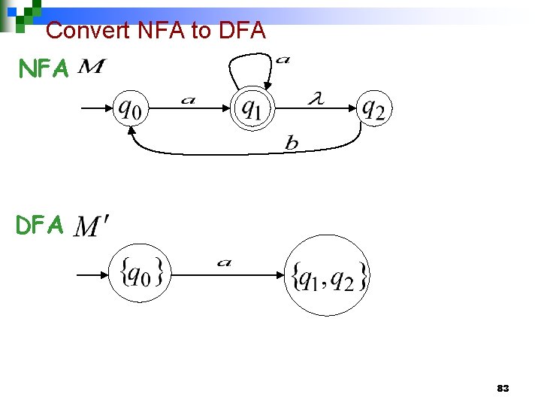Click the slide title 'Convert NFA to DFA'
tap(156, 30)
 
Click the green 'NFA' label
tap(44, 70)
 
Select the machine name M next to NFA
tap(91, 68)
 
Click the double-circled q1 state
tap(252, 110)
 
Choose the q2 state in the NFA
tap(373, 109)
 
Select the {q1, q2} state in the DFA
tap(328, 276)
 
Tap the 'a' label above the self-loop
tap(283, 59)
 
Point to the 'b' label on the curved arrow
tap(292, 144)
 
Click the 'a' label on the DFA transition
tap(224, 262)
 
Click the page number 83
tap(503, 389)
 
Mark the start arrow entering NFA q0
tap(96, 109)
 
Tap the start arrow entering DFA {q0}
tap(94, 275)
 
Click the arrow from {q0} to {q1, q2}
tap(225, 275)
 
